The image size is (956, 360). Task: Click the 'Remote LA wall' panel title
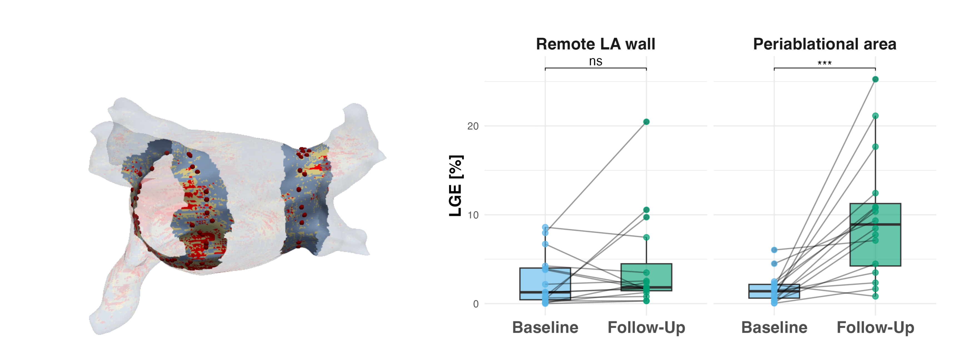(595, 44)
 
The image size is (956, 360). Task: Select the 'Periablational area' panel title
(824, 44)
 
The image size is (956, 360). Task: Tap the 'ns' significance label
(595, 61)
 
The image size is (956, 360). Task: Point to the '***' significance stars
(824, 63)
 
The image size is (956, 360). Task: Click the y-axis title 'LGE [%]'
(456, 186)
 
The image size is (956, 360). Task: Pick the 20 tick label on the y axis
(473, 126)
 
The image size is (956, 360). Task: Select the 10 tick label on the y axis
(473, 215)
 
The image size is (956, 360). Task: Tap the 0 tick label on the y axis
(476, 304)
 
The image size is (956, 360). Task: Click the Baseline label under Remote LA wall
(545, 327)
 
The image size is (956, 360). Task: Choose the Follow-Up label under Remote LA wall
(646, 327)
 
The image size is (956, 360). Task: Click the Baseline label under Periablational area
(774, 327)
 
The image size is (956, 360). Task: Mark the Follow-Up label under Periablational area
(875, 327)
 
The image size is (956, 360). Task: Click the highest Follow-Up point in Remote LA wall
(646, 122)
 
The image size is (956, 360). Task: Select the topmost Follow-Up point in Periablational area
(875, 79)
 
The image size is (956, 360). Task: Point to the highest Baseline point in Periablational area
(774, 250)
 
